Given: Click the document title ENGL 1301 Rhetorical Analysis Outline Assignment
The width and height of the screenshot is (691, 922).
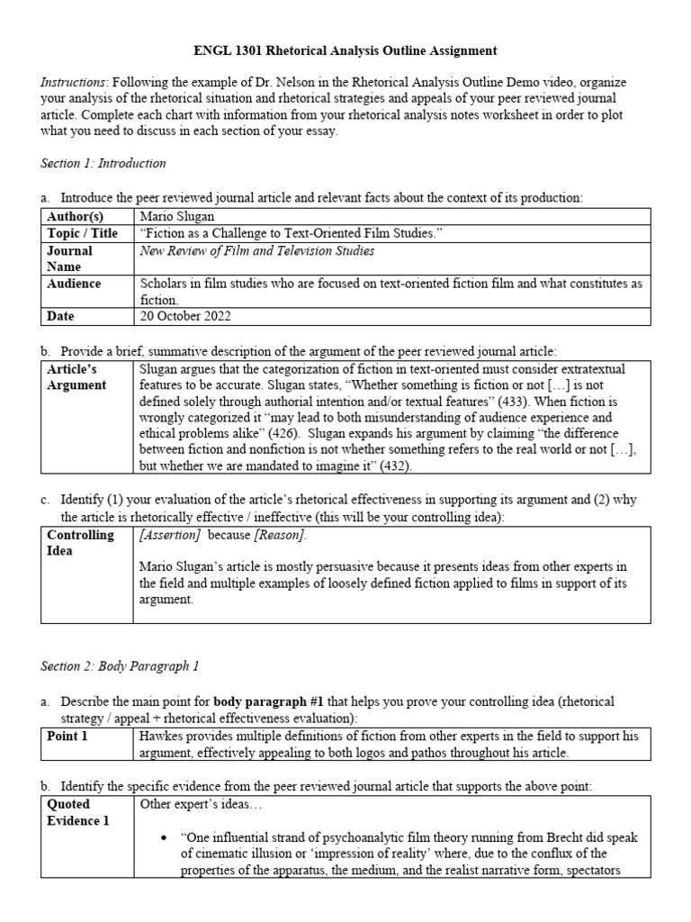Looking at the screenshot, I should point(345,51).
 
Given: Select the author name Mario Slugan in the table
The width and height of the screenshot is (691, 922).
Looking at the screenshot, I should point(176,216).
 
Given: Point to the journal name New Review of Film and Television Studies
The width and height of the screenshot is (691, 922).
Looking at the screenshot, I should point(257,250).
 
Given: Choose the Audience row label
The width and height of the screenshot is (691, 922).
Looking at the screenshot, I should point(74,284).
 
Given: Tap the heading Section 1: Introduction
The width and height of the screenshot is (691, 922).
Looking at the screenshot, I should point(103,163).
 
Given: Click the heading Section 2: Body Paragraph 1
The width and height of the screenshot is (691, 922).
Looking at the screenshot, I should point(120,666).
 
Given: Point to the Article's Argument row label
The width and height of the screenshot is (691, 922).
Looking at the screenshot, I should point(76,377).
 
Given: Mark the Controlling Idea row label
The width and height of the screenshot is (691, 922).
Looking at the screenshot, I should point(80,542).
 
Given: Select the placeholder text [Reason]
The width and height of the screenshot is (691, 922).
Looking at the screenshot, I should point(279,535).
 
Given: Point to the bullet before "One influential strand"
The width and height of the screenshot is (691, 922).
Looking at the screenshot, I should point(164,837).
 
